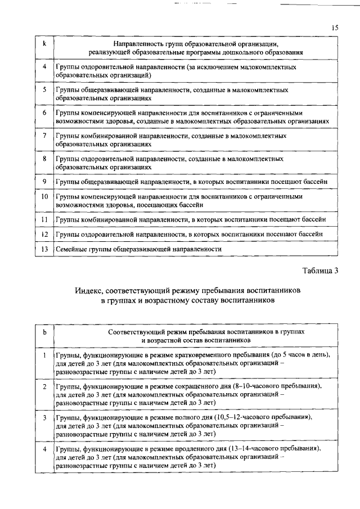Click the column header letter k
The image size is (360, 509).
44,43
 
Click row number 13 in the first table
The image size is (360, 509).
44,248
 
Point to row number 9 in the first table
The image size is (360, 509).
44,182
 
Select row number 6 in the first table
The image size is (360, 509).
44,112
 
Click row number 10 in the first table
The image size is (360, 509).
44,197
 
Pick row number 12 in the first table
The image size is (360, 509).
44,233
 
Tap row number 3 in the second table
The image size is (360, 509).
44,418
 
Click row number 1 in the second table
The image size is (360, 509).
44,355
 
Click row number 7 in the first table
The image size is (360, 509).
44,136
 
